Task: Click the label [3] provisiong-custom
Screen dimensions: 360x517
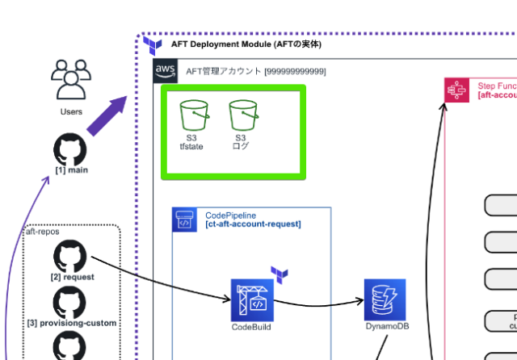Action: click(x=72, y=323)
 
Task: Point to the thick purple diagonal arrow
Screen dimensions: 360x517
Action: click(x=107, y=116)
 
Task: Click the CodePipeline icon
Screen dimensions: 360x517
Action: click(x=185, y=220)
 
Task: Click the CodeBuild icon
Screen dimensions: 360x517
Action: click(x=253, y=300)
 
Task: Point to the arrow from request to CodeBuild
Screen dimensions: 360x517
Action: click(x=162, y=278)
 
